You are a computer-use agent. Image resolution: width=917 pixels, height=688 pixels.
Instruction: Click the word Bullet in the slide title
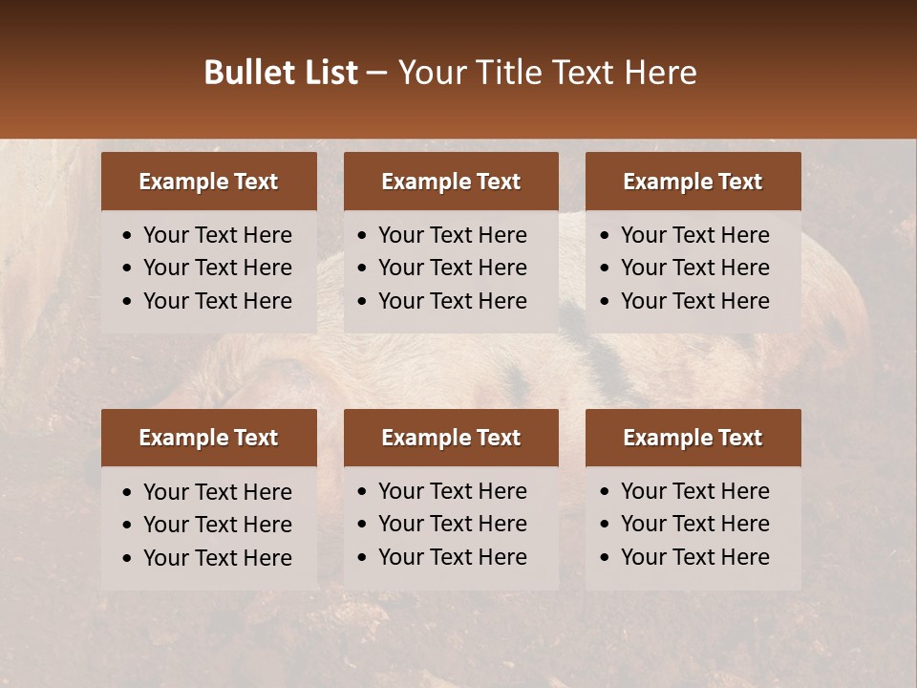tap(245, 73)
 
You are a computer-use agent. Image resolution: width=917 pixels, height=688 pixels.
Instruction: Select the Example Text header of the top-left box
tap(208, 182)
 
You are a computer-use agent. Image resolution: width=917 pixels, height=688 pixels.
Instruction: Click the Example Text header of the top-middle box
tap(451, 182)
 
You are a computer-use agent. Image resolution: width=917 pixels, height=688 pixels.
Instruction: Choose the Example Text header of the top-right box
tap(693, 182)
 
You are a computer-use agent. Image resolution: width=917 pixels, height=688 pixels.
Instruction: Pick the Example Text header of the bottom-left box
tap(208, 438)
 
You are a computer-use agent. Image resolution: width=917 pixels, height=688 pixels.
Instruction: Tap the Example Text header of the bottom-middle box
tap(451, 438)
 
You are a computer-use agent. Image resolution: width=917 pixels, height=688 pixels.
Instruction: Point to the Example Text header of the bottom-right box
tap(693, 438)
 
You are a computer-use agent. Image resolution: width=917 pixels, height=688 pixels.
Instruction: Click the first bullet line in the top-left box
tap(217, 235)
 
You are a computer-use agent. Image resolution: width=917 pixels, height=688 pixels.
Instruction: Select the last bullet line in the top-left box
tap(217, 301)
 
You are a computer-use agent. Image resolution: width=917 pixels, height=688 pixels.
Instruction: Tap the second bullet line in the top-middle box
tap(452, 268)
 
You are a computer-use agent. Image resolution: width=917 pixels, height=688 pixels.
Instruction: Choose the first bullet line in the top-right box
tap(694, 235)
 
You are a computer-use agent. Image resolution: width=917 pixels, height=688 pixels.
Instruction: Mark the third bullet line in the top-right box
tap(694, 301)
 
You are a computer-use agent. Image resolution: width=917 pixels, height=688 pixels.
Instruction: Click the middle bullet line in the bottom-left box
tap(217, 525)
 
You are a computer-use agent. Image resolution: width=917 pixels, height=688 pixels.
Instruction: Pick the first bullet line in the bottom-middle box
tap(452, 491)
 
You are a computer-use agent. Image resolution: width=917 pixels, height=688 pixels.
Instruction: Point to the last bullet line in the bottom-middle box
tap(452, 557)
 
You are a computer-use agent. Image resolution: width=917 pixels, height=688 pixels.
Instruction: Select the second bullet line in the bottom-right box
tap(694, 524)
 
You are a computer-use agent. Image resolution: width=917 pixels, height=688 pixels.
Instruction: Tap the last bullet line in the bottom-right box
tap(694, 557)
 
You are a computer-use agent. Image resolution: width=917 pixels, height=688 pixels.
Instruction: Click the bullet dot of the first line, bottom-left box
tap(128, 493)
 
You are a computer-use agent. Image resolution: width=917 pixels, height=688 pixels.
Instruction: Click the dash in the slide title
tap(377, 74)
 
